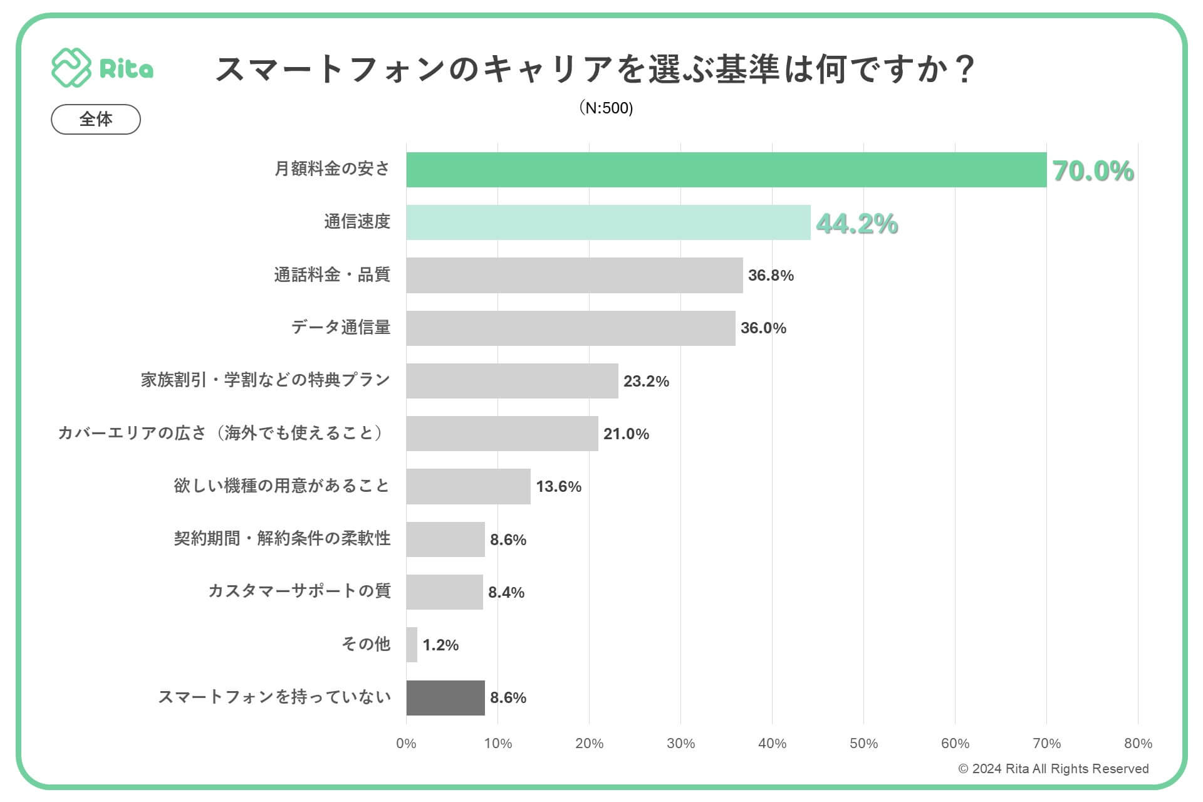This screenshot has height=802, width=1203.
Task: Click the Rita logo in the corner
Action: (102, 68)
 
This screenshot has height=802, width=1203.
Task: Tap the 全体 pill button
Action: (96, 119)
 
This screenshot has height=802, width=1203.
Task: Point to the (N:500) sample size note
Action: (606, 108)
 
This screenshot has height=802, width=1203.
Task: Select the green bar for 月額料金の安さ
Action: (726, 170)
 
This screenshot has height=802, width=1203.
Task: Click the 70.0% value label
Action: (1093, 171)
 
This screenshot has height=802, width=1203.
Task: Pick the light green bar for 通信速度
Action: (608, 222)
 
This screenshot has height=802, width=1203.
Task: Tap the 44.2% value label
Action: (857, 224)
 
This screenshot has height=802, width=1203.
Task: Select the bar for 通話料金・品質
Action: (574, 275)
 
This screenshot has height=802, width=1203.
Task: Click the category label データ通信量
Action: (341, 327)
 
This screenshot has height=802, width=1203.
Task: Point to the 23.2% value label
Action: (646, 381)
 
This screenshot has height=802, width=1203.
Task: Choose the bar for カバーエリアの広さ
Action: (502, 434)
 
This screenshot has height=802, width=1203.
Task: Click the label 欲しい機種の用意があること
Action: (282, 486)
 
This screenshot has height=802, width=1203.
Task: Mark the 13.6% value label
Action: (558, 487)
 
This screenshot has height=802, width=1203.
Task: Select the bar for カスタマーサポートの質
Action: (444, 592)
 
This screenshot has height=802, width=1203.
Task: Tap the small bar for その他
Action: (412, 645)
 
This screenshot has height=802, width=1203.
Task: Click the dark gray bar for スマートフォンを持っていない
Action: (445, 697)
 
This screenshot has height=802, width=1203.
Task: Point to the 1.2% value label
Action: (440, 645)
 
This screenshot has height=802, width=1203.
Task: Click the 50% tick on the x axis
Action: (863, 743)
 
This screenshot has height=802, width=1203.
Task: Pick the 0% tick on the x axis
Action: (406, 743)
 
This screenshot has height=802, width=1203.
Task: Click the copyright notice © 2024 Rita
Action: (1053, 769)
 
